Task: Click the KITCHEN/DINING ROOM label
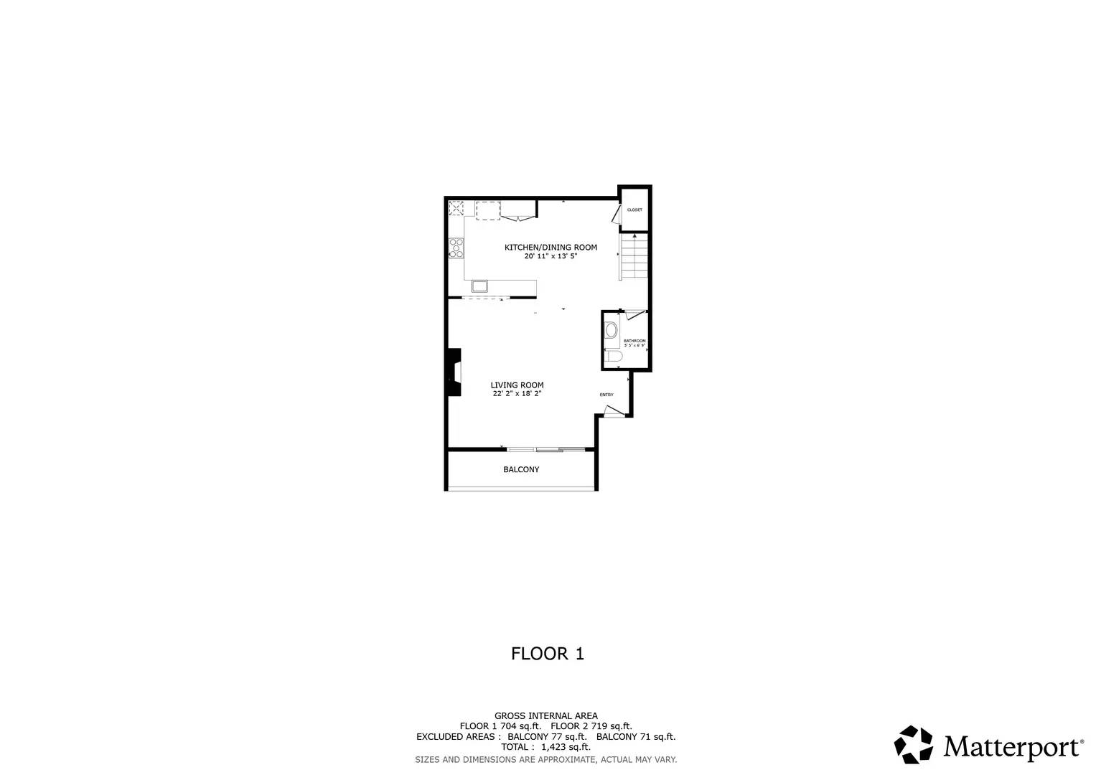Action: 551,247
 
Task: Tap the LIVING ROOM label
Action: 517,385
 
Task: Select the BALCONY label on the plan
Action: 521,469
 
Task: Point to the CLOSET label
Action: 634,210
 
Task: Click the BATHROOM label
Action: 634,340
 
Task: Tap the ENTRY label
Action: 606,395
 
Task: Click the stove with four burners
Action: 456,248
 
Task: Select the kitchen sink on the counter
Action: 479,286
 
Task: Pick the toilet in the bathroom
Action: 612,357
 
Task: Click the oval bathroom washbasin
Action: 612,331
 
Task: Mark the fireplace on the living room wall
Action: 454,372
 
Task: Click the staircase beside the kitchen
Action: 634,256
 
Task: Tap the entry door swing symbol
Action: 612,411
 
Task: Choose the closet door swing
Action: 616,215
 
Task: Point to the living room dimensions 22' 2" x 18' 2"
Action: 517,393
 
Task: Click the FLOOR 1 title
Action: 548,654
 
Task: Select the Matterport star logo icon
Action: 913,744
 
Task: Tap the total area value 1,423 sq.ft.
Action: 566,747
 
